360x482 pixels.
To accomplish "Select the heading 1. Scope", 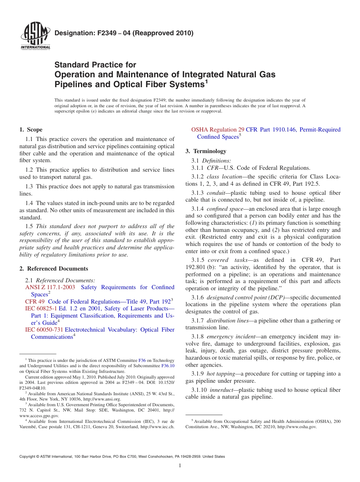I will tap(31, 130).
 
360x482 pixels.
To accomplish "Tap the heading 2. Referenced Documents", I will tap(53, 269).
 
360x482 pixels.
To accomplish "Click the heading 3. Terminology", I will tap(206, 151).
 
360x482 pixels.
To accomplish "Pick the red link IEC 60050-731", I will tap(44, 330).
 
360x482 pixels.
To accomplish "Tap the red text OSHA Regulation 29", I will tap(218, 130).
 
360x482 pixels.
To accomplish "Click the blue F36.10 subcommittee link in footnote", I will tap(168, 366).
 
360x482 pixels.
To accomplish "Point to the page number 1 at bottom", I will tap(180, 466).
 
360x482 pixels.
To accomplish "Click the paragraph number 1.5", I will tap(29, 226).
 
